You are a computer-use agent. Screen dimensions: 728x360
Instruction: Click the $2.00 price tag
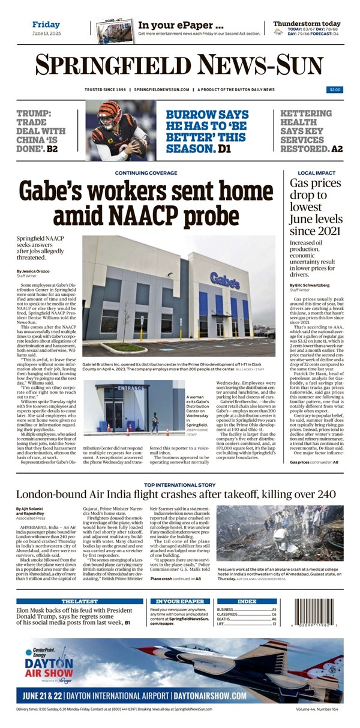[x=335, y=89]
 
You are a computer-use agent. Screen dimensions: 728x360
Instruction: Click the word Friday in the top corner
[x=46, y=25]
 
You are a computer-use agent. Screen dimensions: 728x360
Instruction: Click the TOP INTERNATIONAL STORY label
[x=179, y=484]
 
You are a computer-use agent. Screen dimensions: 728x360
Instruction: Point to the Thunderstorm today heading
[x=307, y=23]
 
